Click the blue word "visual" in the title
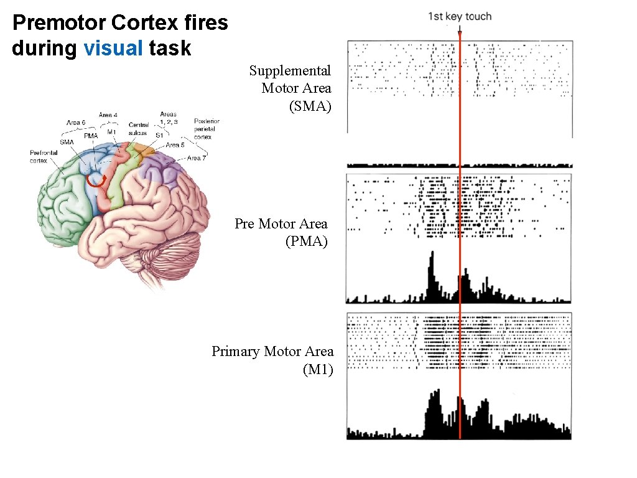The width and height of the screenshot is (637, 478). coord(113,48)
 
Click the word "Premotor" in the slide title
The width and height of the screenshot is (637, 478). coord(60,24)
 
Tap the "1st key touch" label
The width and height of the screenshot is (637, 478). coord(459,17)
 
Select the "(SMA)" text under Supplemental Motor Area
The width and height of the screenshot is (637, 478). coord(310,106)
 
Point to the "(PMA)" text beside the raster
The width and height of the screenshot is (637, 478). coord(306,241)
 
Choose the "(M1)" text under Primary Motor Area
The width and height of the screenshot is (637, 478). coord(318,370)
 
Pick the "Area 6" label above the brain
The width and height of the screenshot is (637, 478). coord(75,123)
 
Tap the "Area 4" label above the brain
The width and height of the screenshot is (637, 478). coord(108,115)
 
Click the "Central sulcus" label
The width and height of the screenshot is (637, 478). coord(137,129)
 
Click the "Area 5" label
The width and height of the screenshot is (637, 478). coord(175,145)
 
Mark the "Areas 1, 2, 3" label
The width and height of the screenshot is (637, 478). coord(169,118)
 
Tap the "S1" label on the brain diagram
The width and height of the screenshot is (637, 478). coord(159,135)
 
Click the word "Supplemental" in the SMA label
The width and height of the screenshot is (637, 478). coord(290,71)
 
